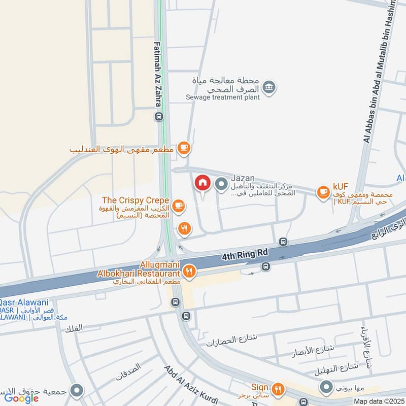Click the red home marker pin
pos(202,183)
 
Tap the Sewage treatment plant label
pos(222,97)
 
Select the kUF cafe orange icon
pos(323,191)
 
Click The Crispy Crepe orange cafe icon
pos(178,205)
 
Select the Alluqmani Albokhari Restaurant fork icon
pos(189,272)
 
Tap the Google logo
pos(22,398)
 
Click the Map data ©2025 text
pos(379,401)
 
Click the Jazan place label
pos(243,179)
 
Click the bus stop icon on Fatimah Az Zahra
pos(159,117)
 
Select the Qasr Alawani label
pos(19,300)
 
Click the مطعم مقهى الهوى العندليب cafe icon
pos(183,148)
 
